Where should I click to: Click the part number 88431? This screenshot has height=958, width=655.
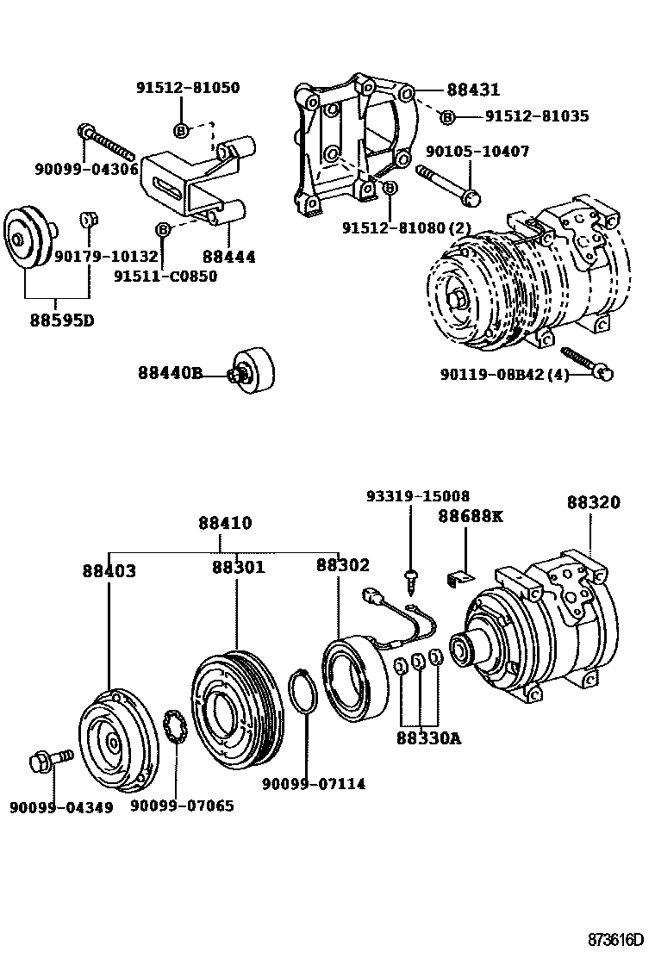point(473,90)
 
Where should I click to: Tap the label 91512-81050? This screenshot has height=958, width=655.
point(188,87)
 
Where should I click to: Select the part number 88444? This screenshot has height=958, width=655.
point(228,258)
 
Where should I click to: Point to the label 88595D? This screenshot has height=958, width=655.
point(62,320)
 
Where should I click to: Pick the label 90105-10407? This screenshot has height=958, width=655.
point(477,151)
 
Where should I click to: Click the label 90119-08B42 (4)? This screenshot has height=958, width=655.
point(504,373)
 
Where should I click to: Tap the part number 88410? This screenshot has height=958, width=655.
point(225,523)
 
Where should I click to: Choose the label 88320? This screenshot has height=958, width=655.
point(593,502)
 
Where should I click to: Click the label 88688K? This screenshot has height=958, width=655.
point(471,516)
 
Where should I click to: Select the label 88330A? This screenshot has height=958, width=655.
point(429,738)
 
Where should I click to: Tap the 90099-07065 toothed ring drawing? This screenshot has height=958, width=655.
point(176,727)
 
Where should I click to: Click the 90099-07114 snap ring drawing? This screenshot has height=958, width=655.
point(303,691)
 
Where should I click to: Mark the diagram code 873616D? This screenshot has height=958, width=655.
point(616,938)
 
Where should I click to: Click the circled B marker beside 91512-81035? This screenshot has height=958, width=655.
point(448,116)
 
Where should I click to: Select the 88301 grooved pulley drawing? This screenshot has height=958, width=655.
point(237,710)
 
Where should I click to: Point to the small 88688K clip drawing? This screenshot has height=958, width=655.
point(462,576)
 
